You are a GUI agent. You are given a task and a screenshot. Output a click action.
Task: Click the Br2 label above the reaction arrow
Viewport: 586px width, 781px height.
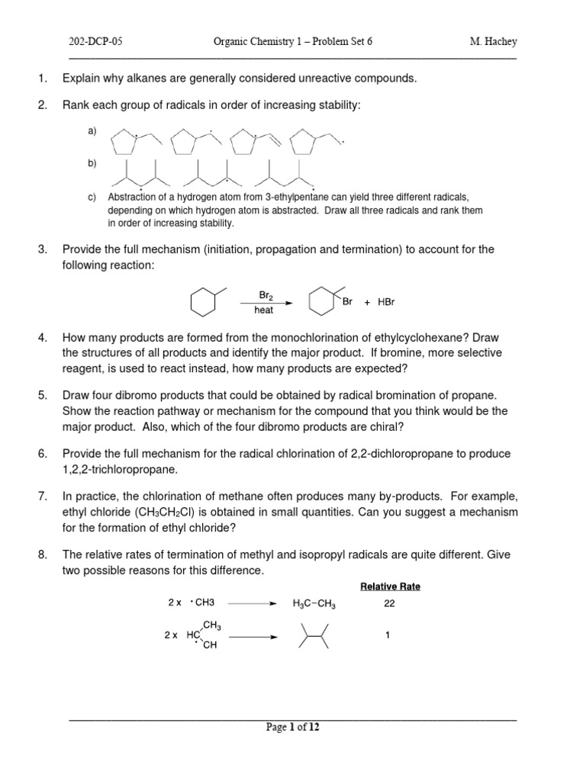click(264, 294)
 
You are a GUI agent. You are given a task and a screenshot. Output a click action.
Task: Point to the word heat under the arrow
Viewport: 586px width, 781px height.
click(264, 311)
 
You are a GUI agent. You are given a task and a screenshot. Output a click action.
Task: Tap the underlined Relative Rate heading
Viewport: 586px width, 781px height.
click(390, 587)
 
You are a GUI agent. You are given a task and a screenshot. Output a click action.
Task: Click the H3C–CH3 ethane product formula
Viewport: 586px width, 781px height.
click(314, 604)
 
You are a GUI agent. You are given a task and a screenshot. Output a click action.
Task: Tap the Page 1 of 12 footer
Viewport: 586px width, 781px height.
click(293, 728)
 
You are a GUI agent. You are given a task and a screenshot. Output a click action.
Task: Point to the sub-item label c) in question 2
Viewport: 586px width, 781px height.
click(92, 198)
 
